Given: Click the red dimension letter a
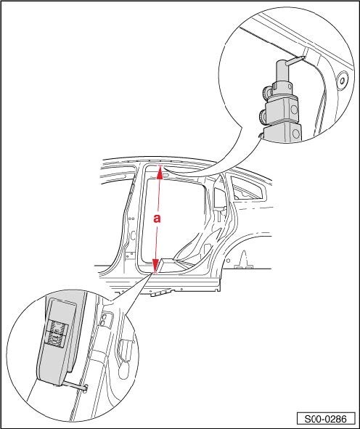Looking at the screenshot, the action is pyautogui.click(x=157, y=218).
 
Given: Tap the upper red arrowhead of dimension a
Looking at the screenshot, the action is pyautogui.click(x=160, y=171).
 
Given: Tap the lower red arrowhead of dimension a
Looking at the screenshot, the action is pyautogui.click(x=155, y=266).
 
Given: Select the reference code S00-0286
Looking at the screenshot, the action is pyautogui.click(x=326, y=419).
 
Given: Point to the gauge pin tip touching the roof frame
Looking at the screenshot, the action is pyautogui.click(x=303, y=58).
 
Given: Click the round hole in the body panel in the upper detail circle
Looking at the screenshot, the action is pyautogui.click(x=343, y=80).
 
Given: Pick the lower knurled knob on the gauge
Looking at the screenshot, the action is pyautogui.click(x=263, y=116).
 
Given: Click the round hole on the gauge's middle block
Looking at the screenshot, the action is pyautogui.click(x=294, y=110).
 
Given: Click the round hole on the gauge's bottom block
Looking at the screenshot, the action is pyautogui.click(x=295, y=134).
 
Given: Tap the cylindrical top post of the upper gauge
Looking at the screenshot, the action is pyautogui.click(x=283, y=73).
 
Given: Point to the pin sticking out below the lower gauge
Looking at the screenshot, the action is pyautogui.click(x=78, y=385).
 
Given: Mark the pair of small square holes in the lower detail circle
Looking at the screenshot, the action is pyautogui.click(x=104, y=320).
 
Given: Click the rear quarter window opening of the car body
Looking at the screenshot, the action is pyautogui.click(x=248, y=189).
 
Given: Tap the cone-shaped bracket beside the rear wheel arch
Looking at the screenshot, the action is pyautogui.click(x=244, y=259).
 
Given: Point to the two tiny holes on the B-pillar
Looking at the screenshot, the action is pyautogui.click(x=131, y=218).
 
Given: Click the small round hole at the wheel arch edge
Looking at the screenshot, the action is pyautogui.click(x=228, y=260).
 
